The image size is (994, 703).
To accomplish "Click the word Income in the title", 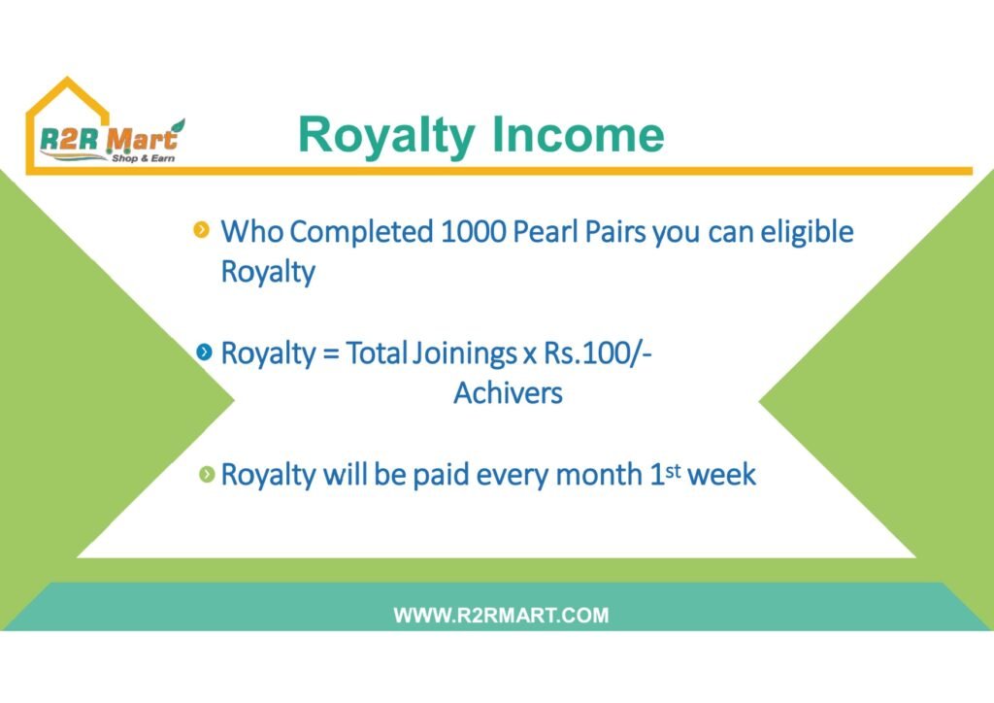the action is click(578, 134).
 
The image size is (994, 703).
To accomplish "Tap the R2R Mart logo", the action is click(105, 125).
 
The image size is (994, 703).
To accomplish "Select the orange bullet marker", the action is click(201, 229).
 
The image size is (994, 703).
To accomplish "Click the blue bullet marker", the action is click(204, 351).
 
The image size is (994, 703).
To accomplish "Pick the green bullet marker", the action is click(207, 474).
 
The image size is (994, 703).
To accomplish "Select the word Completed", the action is click(361, 233).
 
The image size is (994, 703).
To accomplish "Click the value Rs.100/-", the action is click(598, 353).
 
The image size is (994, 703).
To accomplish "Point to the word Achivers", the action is click(508, 393).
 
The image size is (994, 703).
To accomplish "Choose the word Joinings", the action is click(464, 353).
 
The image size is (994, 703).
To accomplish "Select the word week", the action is click(721, 475).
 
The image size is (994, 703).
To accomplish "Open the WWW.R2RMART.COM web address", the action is click(501, 615).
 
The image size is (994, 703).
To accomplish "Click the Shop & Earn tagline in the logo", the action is click(144, 158).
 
